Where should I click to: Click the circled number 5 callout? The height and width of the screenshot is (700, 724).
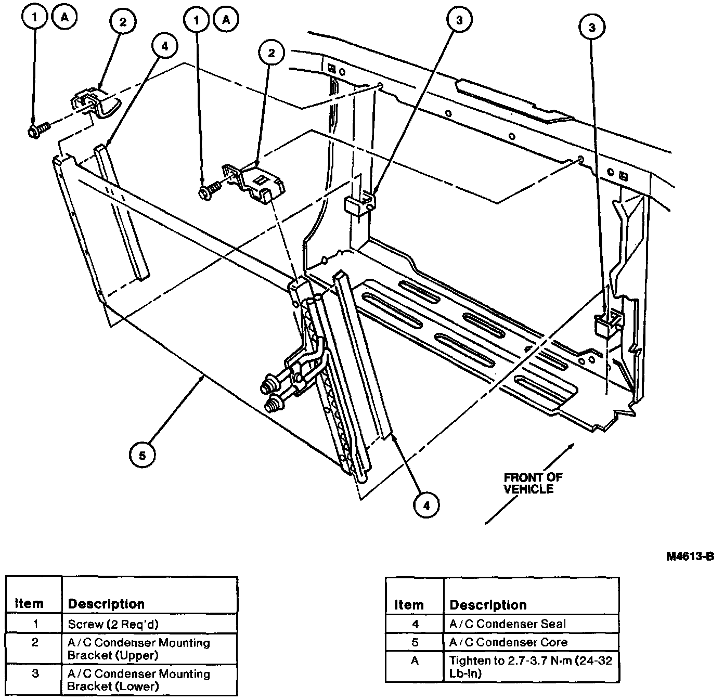click(x=143, y=455)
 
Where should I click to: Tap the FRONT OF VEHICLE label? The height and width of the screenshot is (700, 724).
click(x=533, y=483)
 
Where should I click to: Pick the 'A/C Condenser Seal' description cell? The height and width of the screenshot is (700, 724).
click(x=507, y=624)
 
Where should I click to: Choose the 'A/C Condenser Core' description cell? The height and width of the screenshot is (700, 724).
click(x=508, y=642)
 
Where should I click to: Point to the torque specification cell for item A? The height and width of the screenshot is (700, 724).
click(x=531, y=667)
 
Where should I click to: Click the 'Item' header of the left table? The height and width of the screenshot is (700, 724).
click(x=29, y=604)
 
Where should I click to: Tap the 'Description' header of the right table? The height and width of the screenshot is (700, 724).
click(x=488, y=605)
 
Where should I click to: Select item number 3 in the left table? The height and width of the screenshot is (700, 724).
click(x=35, y=674)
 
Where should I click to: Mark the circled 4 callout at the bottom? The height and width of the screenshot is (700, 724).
click(x=426, y=505)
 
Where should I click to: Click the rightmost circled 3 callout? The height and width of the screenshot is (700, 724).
click(x=591, y=28)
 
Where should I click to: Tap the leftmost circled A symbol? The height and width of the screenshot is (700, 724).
click(x=64, y=18)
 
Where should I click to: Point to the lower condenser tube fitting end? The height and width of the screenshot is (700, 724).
click(x=272, y=404)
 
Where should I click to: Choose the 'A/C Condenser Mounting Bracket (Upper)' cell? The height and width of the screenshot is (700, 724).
click(x=138, y=649)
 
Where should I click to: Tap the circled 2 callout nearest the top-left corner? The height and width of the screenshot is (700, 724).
click(x=122, y=22)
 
